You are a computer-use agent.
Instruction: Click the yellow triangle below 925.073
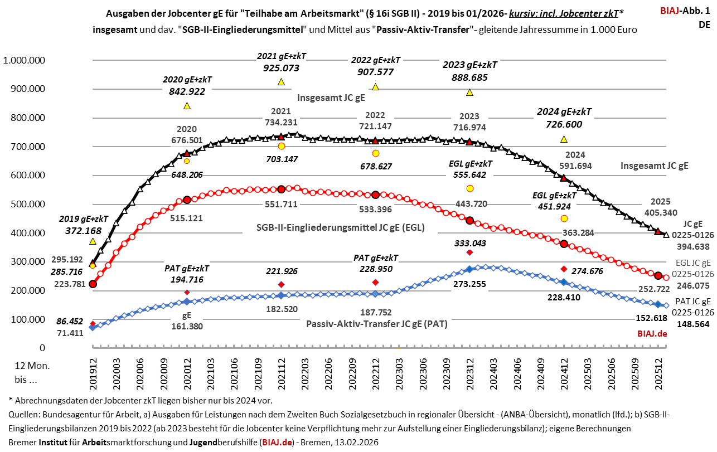pyautogui.click(x=281, y=82)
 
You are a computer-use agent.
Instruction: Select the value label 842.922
pyautogui.click(x=187, y=91)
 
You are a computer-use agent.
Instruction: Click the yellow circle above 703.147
pyautogui.click(x=281, y=146)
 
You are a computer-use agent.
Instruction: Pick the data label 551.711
pyautogui.click(x=281, y=204)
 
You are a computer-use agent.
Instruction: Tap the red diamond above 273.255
pyautogui.click(x=469, y=252)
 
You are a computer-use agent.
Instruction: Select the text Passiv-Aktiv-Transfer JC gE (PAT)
pyautogui.click(x=376, y=323)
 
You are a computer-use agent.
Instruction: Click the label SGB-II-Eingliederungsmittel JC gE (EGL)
pyautogui.click(x=340, y=227)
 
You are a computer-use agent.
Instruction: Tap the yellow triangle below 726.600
pyautogui.click(x=564, y=139)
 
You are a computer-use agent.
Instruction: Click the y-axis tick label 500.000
pyautogui.click(x=26, y=204)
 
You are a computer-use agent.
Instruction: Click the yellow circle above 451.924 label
pyautogui.click(x=564, y=218)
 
